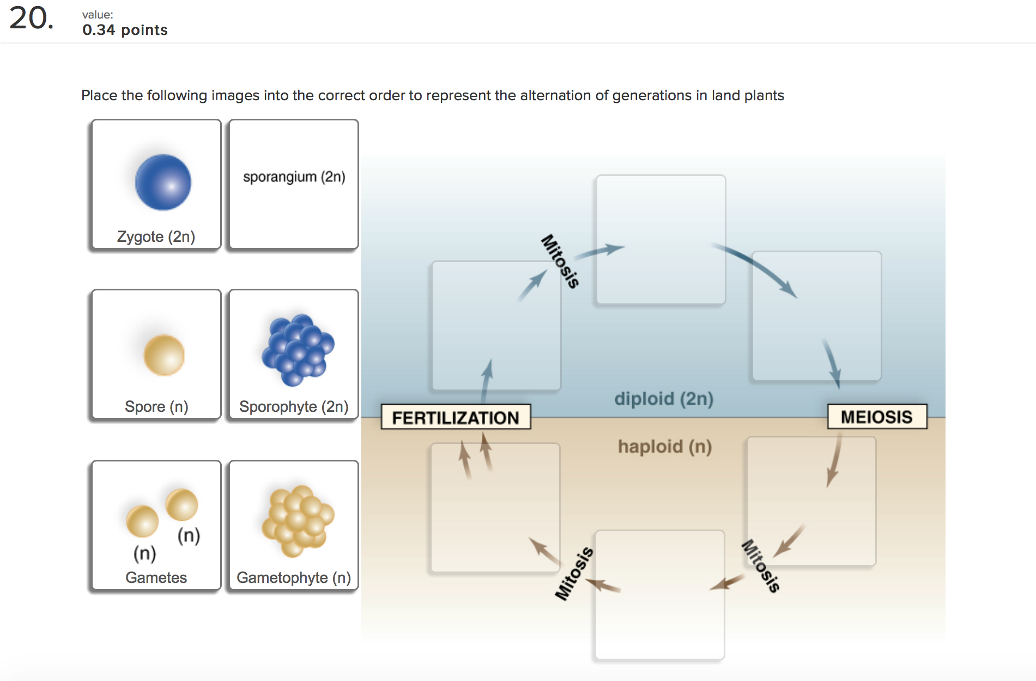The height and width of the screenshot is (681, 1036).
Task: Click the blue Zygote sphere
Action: click(163, 183)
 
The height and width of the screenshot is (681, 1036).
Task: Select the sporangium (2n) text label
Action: click(294, 177)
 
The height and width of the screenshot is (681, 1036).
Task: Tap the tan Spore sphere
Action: click(164, 355)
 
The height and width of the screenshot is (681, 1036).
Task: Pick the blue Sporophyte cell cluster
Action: click(298, 350)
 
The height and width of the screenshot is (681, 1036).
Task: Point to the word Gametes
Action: click(156, 577)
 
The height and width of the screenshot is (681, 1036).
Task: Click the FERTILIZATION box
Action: click(456, 417)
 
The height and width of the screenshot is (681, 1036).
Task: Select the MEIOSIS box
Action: click(876, 417)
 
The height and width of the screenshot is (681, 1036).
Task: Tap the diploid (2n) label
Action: click(663, 399)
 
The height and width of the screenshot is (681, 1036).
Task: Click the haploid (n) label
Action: click(664, 447)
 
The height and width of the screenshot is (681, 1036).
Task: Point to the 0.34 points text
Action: click(125, 30)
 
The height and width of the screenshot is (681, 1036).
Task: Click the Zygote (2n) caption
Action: click(156, 237)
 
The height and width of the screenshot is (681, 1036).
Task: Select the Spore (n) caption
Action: click(156, 407)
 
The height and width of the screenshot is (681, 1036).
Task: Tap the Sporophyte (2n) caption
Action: click(294, 407)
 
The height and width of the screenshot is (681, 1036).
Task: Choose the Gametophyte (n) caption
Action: click(294, 577)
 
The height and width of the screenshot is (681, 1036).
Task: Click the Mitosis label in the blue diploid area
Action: click(560, 261)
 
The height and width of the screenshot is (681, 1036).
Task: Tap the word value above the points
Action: click(97, 15)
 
